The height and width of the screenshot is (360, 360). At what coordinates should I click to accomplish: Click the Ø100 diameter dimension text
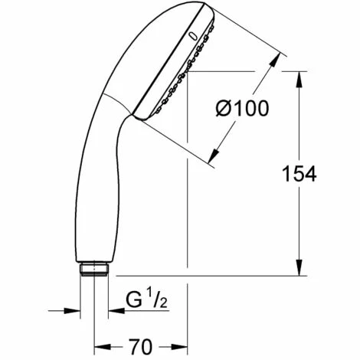coord(242,108)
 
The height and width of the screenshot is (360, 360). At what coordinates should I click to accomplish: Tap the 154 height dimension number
coord(299,174)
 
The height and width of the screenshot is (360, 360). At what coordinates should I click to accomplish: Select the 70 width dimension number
coord(140,346)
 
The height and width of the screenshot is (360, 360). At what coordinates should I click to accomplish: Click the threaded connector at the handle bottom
coord(94,269)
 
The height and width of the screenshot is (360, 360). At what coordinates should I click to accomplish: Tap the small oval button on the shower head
coord(192,37)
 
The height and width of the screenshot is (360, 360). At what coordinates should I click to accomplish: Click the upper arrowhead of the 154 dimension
coord(299,80)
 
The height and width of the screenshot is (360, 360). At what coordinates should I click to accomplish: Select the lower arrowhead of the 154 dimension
coord(299,267)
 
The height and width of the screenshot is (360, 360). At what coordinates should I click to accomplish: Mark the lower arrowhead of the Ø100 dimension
coord(214,156)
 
